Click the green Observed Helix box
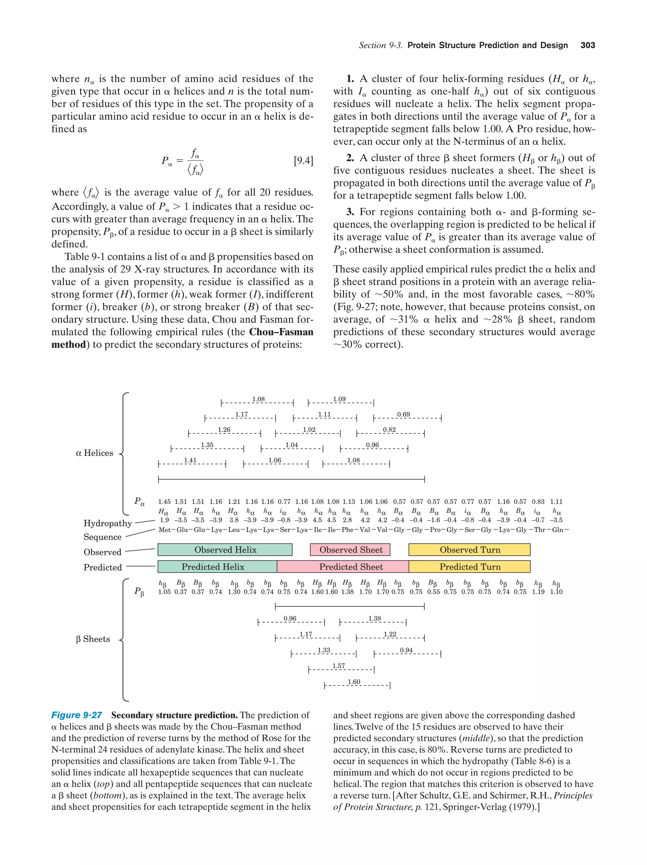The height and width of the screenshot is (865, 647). point(225,549)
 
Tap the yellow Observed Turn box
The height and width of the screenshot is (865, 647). point(469,549)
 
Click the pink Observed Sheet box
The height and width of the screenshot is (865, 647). point(350,549)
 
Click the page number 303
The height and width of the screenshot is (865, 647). point(588,45)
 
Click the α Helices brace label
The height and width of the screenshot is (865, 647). point(94,453)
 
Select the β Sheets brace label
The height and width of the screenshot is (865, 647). point(93,639)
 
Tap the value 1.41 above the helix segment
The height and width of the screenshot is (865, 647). point(190,460)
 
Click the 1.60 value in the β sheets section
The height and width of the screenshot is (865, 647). point(354,682)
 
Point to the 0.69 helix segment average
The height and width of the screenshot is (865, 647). point(403,414)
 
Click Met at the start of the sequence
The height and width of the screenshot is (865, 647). point(164,530)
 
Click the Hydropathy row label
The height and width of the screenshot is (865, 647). point(108,523)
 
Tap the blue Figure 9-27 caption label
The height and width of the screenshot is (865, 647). point(77,715)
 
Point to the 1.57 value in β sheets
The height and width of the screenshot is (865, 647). point(339,666)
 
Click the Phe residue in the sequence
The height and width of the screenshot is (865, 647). point(347,530)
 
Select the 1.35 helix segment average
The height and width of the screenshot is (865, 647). point(207,445)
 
